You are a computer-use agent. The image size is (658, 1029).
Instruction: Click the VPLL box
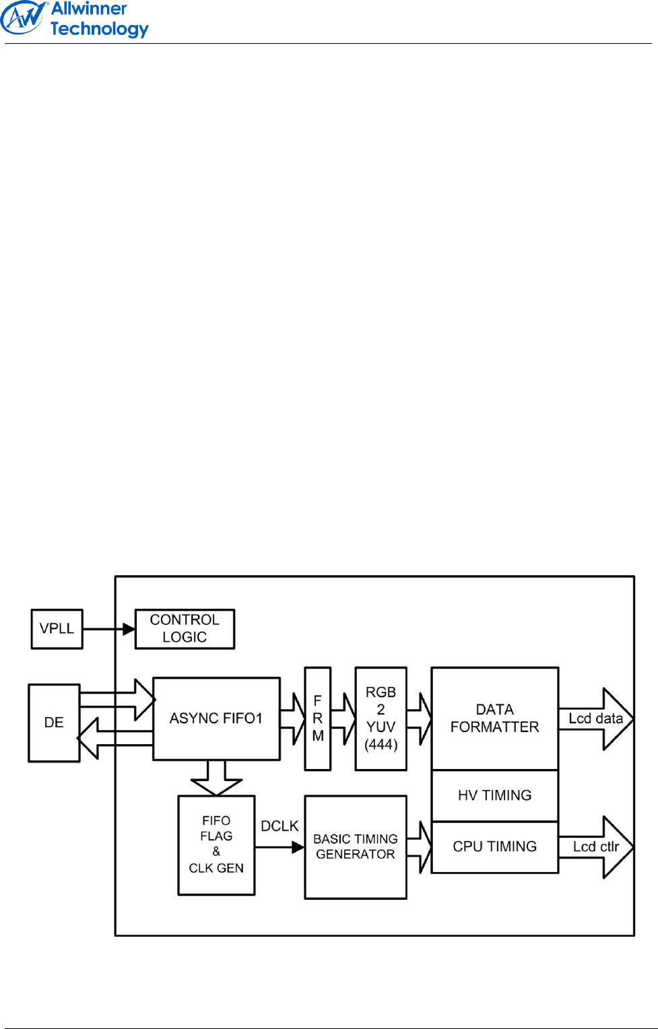(x=57, y=629)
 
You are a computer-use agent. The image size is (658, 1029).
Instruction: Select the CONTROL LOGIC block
(x=185, y=629)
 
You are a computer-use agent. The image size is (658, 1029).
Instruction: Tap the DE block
(x=54, y=723)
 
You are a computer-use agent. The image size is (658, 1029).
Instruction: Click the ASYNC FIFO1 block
(x=216, y=719)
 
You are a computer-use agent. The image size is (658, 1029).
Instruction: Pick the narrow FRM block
(x=318, y=719)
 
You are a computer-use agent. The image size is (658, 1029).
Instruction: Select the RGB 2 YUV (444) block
(x=381, y=719)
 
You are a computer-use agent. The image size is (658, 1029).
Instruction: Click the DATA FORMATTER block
(x=495, y=719)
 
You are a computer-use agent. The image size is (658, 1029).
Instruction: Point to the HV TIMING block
(x=495, y=795)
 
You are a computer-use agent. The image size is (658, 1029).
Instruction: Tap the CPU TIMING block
(x=495, y=847)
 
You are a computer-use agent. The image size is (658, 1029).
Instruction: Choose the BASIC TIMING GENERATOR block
(x=356, y=847)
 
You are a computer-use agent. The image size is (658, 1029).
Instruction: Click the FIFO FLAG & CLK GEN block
(x=216, y=845)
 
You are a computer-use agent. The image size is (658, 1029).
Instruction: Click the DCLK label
(x=279, y=826)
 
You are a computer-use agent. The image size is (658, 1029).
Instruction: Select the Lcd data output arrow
(x=597, y=719)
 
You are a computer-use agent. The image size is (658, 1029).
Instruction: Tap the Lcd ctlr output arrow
(x=597, y=847)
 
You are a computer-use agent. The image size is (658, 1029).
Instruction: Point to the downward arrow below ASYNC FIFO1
(x=216, y=778)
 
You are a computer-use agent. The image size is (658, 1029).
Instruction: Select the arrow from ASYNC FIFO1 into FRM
(x=293, y=719)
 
